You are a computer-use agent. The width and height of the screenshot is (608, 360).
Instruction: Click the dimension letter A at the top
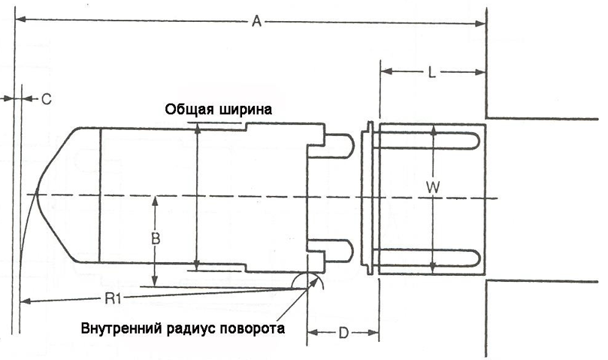tap(256, 23)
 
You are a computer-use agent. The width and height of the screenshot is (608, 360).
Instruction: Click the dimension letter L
tap(431, 73)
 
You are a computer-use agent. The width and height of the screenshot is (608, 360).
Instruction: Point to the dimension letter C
tap(44, 99)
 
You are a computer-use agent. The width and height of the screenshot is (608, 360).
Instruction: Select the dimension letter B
tap(154, 239)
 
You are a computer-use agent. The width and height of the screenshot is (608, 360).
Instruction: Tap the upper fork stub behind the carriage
tap(340, 144)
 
